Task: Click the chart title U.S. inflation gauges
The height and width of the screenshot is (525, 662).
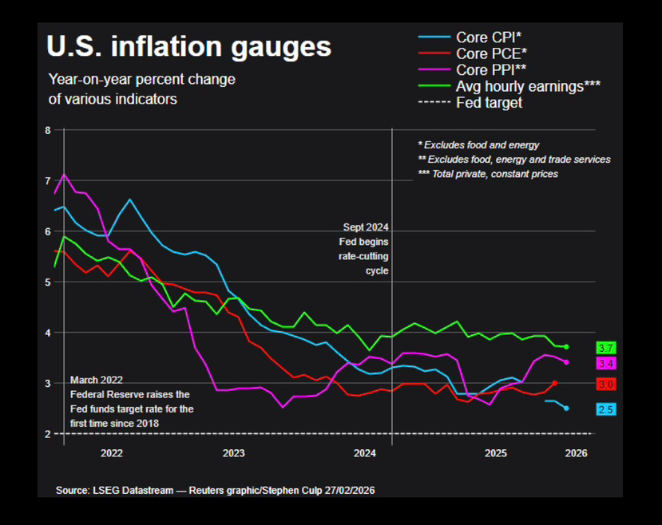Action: pos(188,46)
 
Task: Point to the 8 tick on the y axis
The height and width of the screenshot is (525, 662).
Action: pos(48,130)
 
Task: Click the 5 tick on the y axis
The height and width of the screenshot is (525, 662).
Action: pos(48,282)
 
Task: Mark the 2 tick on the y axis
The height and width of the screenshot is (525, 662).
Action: pos(48,434)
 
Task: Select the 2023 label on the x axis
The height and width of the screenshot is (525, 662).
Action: pos(233,453)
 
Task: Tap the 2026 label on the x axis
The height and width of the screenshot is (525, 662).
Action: pos(576,453)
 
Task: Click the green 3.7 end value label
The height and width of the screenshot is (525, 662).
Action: pos(606,348)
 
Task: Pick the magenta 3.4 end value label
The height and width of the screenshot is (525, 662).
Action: pos(606,364)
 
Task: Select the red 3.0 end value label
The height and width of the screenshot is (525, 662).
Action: pos(606,385)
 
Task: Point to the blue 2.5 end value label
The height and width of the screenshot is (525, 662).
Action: pos(606,409)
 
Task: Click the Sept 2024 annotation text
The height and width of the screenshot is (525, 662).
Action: pos(366,227)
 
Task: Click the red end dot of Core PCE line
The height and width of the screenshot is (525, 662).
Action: pos(554,383)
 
